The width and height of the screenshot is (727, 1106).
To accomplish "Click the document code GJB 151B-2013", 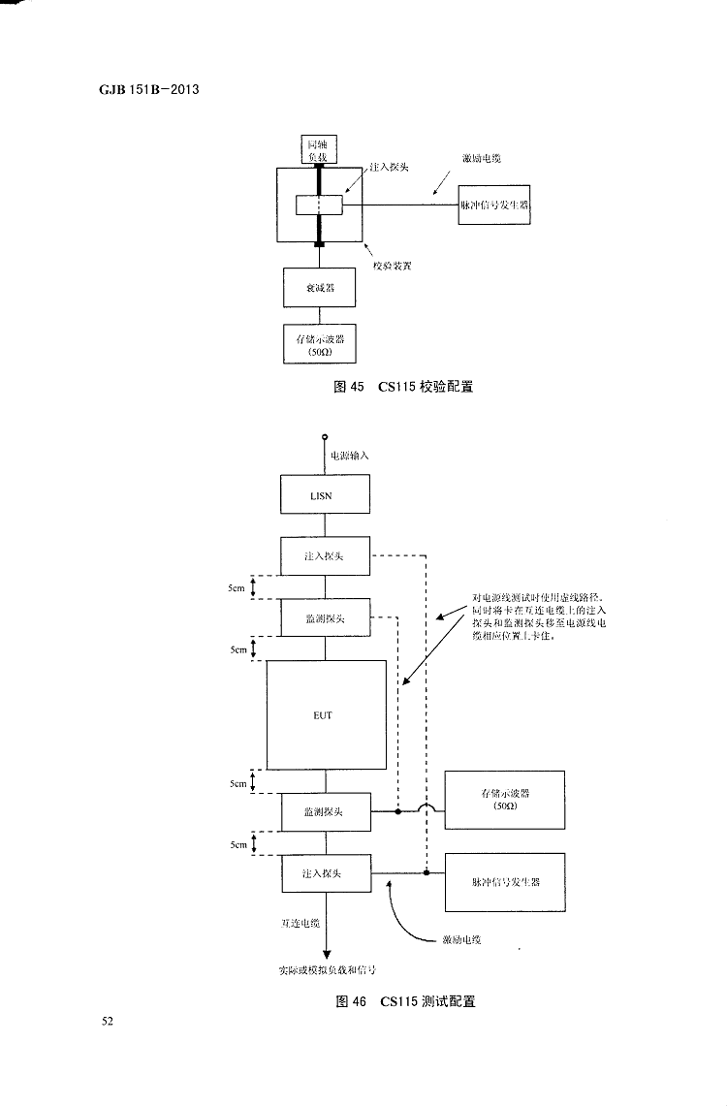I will coord(136,91).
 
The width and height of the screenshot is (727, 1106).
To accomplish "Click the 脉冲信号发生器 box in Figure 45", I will coord(495,206).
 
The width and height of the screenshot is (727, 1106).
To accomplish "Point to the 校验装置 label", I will coord(393,266).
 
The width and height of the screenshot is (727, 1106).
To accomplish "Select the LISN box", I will coord(325,494).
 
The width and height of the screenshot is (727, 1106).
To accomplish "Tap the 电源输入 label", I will coord(349,454).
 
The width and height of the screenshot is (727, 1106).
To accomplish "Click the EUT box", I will coord(326,714).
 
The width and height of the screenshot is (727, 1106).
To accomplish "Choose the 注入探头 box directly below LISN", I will coord(325,555).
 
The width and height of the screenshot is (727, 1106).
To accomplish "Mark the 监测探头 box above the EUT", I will coord(325,617).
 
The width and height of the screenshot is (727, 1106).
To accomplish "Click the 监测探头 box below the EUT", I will coord(325,811).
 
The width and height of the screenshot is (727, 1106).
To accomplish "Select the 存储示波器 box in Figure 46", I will coord(505,799).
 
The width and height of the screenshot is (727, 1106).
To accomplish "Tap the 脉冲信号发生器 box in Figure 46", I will coord(505,882).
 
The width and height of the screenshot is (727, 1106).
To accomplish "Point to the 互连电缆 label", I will coord(301,925).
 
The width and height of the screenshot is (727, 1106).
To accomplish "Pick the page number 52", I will coord(108,1021).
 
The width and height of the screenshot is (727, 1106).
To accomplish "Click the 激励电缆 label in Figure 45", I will coord(481,158).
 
